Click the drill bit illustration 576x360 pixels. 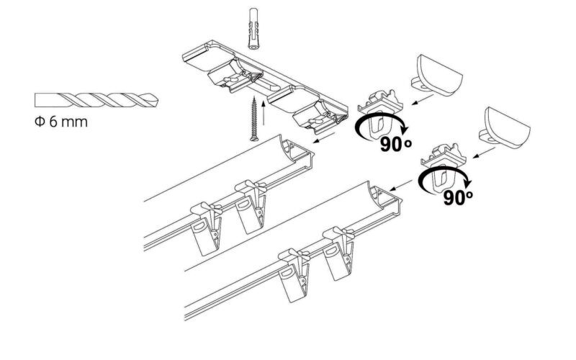point(96,100)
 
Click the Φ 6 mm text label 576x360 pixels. point(61,122)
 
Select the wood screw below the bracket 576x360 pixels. point(253,119)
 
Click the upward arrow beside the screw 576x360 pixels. point(264,113)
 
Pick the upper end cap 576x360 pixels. point(437,76)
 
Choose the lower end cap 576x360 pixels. point(505,128)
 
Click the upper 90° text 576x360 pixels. point(395,145)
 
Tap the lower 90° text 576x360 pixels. point(458,197)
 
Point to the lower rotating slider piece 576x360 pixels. point(444,165)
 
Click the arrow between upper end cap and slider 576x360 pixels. point(423,99)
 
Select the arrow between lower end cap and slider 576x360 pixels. point(484,153)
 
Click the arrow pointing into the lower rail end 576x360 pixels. point(401,186)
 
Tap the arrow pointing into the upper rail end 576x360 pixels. point(323,138)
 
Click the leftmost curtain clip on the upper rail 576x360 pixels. point(207,228)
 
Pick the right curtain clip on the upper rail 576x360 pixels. point(251,206)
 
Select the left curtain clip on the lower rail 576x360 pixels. point(294,275)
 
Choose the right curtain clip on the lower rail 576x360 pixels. point(338,253)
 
